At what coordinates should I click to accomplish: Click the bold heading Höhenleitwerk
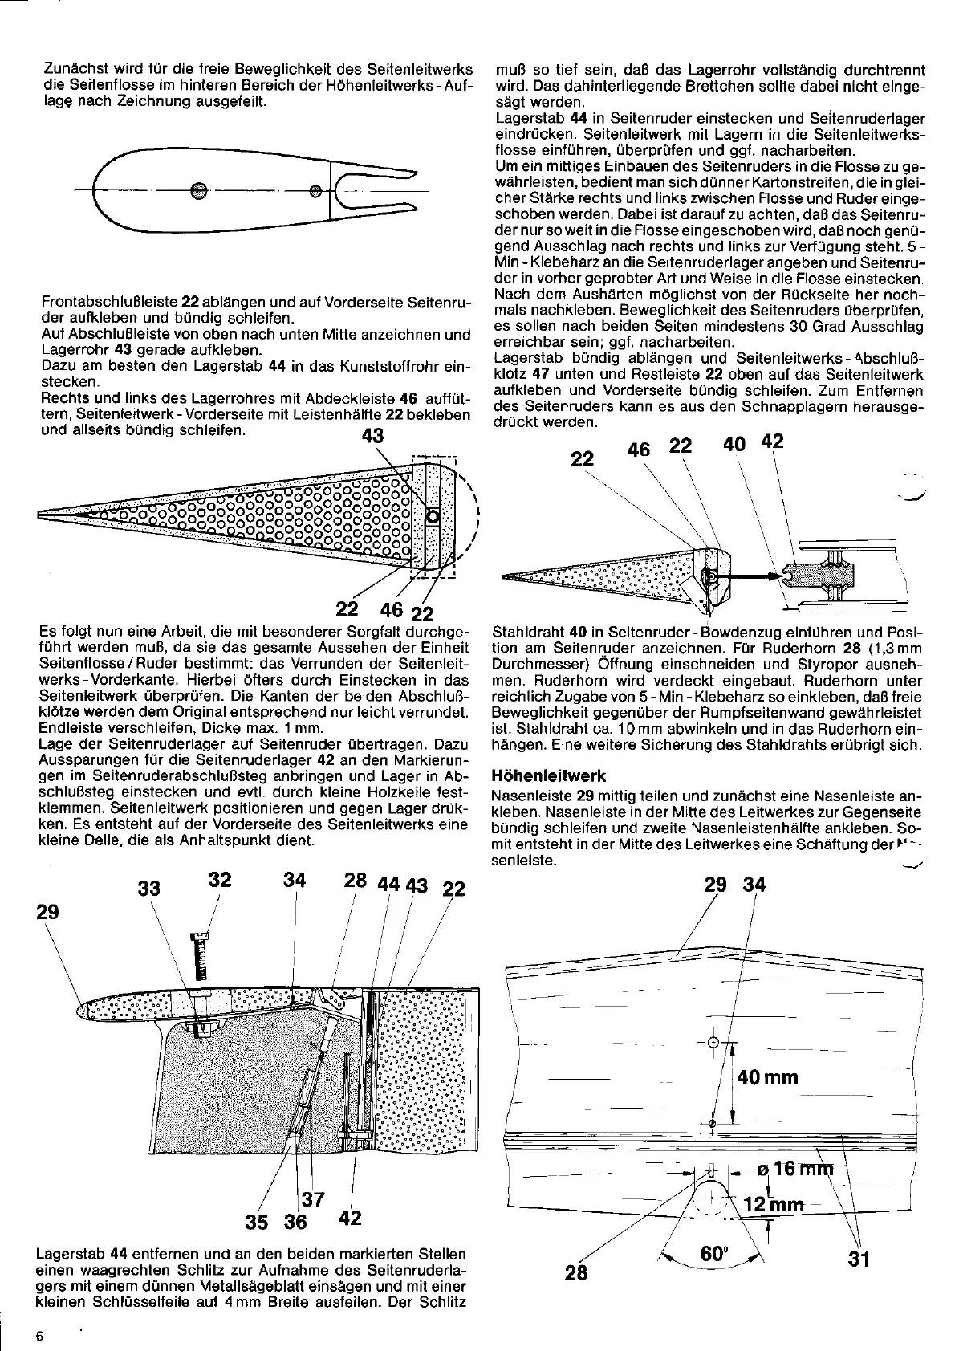547,776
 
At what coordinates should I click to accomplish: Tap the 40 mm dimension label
768,1076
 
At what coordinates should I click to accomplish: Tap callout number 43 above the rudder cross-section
373,436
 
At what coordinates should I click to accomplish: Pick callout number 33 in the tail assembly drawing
149,888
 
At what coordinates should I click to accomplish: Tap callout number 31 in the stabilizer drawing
859,1258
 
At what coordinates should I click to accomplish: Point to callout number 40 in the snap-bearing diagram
734,443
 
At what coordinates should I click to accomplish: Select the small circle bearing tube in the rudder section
432,517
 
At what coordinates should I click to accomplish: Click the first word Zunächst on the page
71,71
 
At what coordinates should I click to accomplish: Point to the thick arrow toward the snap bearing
746,576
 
